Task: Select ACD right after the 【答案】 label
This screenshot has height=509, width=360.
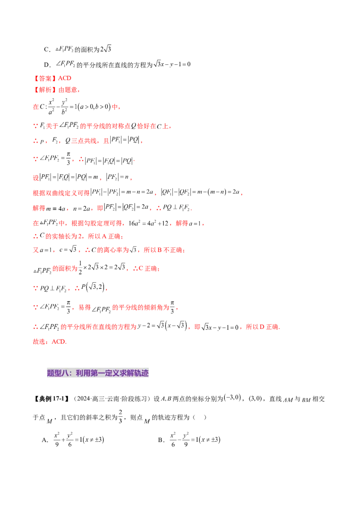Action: coord(64,79)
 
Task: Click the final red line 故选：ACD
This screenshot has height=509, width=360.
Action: coord(50,342)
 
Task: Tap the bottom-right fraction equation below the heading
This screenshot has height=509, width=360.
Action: coord(193,439)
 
